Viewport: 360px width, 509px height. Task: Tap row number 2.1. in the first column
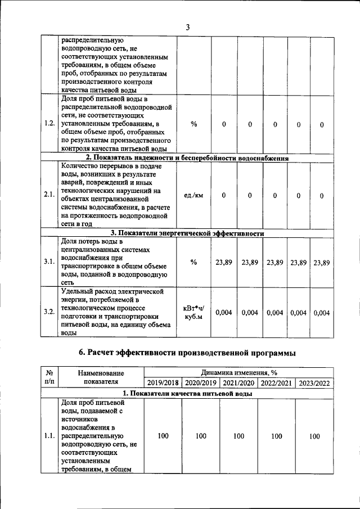49,195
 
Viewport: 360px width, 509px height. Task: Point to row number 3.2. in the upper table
49,312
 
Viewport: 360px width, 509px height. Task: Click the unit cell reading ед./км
193,195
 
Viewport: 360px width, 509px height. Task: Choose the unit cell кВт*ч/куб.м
193,313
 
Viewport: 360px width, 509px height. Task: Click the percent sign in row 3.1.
193,262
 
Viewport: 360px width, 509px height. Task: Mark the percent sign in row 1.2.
193,124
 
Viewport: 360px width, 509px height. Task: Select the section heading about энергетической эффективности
187,233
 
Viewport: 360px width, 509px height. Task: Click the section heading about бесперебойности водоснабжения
187,158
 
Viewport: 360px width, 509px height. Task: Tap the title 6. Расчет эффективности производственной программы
187,352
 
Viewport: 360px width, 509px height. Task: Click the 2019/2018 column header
163,383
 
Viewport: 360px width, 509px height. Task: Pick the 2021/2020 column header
238,383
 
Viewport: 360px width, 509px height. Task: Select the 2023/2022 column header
314,383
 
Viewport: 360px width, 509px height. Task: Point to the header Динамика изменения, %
238,372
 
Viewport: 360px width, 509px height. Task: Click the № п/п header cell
49,377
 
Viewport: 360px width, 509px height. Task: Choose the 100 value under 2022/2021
277,436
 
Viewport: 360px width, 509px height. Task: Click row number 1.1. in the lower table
49,436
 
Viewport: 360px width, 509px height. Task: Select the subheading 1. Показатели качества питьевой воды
187,394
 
